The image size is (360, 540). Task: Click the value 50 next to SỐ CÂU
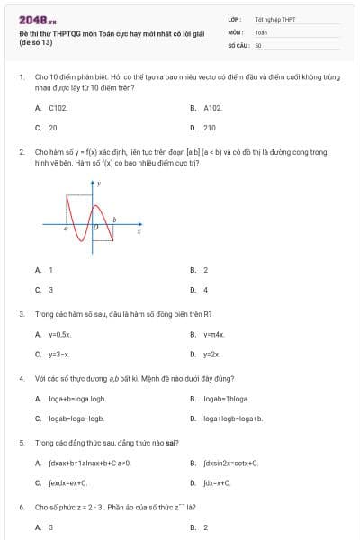(x=258, y=44)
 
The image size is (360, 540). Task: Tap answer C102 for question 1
(x=58, y=107)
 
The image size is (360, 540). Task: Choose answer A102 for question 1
(x=213, y=107)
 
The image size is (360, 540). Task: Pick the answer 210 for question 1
(x=210, y=128)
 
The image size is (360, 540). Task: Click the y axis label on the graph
(x=99, y=183)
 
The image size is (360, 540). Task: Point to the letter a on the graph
(x=65, y=229)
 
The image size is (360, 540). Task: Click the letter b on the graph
(x=114, y=220)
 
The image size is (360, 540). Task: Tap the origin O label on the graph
(x=96, y=229)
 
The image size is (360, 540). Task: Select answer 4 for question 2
(x=205, y=290)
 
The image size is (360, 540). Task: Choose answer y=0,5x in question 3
(x=60, y=334)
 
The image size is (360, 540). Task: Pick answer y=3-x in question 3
(x=59, y=355)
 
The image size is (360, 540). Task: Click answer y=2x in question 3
(x=211, y=355)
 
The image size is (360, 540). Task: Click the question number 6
(x=21, y=507)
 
